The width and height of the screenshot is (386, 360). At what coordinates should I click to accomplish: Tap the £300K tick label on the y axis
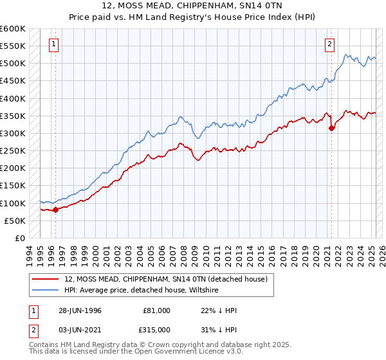13,134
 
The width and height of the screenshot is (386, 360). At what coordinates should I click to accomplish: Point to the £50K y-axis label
15,221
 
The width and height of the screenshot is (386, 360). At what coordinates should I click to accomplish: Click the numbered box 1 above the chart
53,44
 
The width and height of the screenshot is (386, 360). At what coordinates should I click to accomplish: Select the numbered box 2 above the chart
329,44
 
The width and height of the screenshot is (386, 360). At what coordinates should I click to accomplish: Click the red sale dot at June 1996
55,209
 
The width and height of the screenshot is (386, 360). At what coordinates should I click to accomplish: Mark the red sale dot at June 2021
331,128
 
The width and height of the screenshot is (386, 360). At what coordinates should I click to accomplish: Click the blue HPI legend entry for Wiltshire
142,290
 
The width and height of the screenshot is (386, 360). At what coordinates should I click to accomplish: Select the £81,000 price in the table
156,310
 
